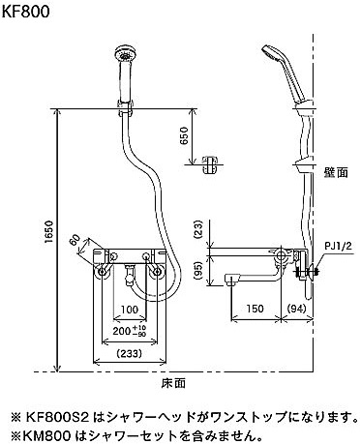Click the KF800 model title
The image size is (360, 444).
[26, 12]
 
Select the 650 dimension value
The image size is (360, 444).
[184, 135]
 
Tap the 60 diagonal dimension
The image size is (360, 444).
[75, 240]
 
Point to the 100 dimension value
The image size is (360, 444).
[130, 310]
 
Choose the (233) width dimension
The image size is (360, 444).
[130, 354]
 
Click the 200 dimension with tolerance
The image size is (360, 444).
[130, 331]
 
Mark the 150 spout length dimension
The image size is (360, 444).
[255, 309]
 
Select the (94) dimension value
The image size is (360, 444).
[296, 309]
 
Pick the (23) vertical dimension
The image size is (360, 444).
[198, 229]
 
